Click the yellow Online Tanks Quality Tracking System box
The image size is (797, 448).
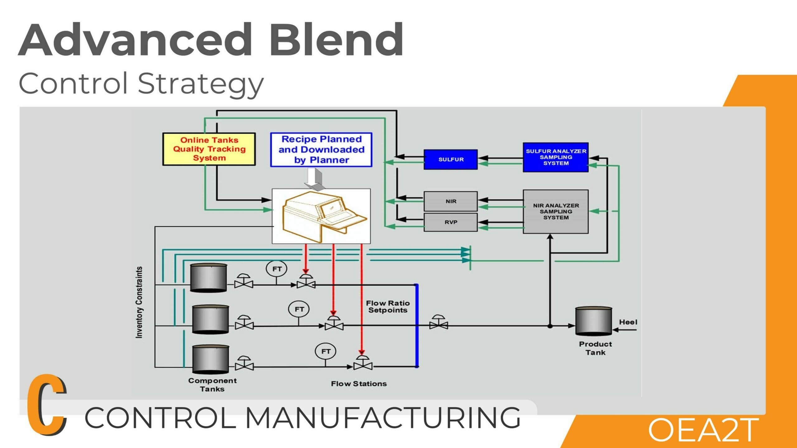click(x=209, y=149)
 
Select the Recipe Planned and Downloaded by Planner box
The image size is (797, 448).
click(x=321, y=150)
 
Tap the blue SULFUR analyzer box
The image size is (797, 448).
click(x=450, y=159)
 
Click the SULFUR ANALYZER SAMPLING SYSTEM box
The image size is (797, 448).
click(x=556, y=157)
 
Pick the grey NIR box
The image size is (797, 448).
click(x=450, y=201)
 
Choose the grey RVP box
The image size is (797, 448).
click(x=450, y=222)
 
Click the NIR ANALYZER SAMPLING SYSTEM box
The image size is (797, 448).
click(x=556, y=212)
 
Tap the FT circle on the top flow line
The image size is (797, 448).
click(x=276, y=269)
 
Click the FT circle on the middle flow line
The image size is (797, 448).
click(x=299, y=309)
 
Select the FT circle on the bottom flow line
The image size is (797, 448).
click(x=326, y=351)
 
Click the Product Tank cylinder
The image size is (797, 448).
click(x=594, y=321)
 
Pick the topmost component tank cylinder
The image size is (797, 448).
click(x=209, y=278)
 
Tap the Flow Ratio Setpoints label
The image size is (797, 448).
click(x=388, y=306)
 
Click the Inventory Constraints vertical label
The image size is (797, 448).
click(x=139, y=302)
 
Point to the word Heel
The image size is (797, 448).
click(x=628, y=322)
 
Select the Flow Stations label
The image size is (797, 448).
click(x=359, y=384)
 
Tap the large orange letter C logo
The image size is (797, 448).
click(x=47, y=404)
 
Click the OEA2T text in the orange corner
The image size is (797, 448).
click(x=703, y=430)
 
